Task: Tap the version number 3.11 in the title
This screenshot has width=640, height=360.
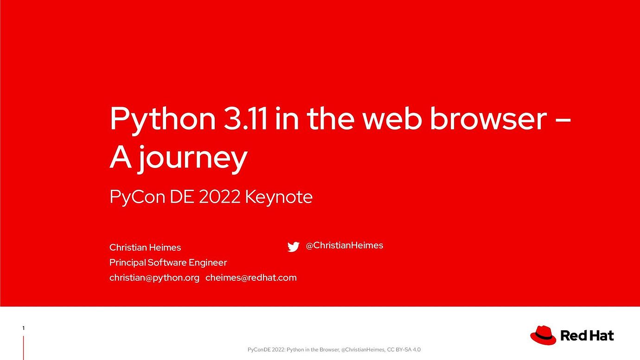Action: (x=245, y=118)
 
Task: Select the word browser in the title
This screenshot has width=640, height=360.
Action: (x=488, y=118)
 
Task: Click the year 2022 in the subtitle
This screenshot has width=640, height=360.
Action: (x=219, y=197)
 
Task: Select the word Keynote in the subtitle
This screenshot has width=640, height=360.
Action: (x=279, y=197)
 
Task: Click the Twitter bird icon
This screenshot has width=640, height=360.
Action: (x=294, y=247)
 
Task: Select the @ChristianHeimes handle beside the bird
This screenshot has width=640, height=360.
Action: (x=344, y=245)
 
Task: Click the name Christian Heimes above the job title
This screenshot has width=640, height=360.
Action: (x=145, y=247)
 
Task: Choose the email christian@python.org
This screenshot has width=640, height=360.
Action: (x=154, y=278)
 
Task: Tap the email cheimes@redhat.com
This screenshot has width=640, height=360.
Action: (x=251, y=278)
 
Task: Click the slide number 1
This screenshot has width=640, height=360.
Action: (x=24, y=328)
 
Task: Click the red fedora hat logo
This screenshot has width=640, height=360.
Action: (x=543, y=335)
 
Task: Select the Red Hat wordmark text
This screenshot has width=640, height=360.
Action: (x=587, y=336)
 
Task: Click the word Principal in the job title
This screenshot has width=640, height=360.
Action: (x=128, y=263)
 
